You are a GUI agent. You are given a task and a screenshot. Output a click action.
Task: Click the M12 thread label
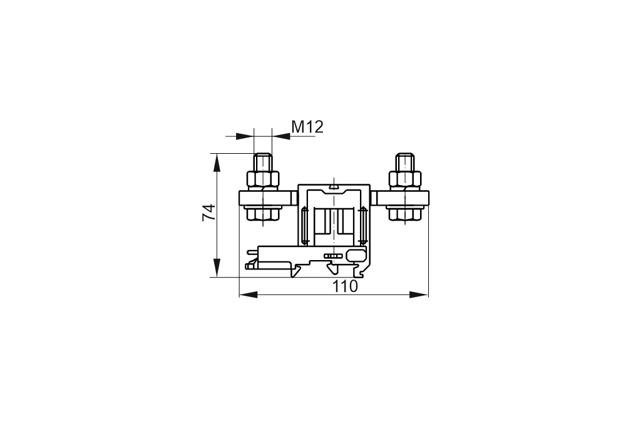click(x=307, y=127)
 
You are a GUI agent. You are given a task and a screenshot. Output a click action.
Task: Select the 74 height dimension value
click(x=209, y=213)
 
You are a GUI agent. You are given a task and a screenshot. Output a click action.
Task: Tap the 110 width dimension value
click(x=345, y=286)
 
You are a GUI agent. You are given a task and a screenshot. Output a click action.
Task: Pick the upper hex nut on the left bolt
click(x=262, y=179)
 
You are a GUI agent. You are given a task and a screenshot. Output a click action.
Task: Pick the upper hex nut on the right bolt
click(x=405, y=179)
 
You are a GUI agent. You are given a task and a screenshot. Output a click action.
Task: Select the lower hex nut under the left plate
click(x=262, y=214)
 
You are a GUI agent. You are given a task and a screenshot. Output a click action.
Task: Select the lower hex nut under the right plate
click(x=405, y=214)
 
